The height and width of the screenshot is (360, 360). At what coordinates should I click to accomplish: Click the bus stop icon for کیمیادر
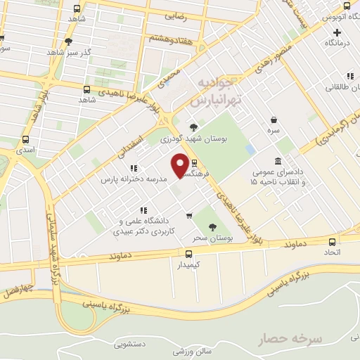pos(188,254)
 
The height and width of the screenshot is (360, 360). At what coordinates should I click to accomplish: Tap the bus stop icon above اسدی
pos(26,139)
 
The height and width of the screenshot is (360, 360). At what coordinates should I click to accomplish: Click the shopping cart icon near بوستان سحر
pos(189,215)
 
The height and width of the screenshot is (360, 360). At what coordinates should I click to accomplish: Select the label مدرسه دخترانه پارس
pos(135,179)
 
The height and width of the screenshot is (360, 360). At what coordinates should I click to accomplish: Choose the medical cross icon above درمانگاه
pos(337,32)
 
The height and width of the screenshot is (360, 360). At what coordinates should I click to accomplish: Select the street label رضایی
pos(174,15)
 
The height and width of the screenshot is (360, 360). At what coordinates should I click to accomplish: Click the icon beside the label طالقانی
pos(349,76)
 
